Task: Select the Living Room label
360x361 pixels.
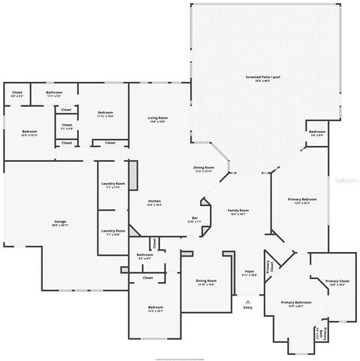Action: [157, 119]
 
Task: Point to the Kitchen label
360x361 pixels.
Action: [154, 202]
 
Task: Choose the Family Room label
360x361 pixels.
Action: [238, 211]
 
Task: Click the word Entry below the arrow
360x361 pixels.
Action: [248, 308]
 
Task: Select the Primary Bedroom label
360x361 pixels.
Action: [303, 200]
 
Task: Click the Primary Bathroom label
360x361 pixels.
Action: [296, 303]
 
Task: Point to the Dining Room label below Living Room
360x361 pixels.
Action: [204, 168]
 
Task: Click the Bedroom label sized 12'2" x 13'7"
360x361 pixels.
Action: [156, 308]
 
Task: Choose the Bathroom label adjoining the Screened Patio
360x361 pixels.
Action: [316, 133]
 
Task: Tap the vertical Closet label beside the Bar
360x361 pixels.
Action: [155, 243]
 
